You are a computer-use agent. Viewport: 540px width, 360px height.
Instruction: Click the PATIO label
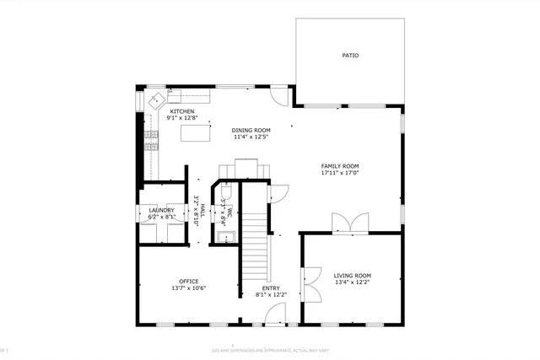coord(349,56)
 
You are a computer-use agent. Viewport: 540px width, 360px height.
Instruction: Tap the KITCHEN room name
coord(182,111)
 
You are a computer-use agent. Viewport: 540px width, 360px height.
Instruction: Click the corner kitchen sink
coord(158,100)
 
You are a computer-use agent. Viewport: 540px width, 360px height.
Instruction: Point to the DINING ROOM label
coord(251,130)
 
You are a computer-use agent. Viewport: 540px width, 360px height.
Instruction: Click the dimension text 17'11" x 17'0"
coord(340,173)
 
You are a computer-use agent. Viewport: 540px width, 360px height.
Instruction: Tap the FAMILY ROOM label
coord(340,166)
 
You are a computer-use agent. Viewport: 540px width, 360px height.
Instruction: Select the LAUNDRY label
coord(161,210)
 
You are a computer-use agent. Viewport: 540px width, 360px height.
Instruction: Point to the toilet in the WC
coord(225,190)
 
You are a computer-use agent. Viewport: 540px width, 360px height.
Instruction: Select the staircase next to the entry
coord(256,244)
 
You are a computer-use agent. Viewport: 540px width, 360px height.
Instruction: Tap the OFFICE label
coord(188,281)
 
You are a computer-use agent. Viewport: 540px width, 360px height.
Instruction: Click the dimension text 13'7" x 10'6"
coord(188,288)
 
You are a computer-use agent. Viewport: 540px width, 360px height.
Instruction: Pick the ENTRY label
coord(272,288)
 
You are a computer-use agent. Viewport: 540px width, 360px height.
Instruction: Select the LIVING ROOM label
coord(352,276)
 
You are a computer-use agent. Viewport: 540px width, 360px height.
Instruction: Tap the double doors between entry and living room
coord(310,285)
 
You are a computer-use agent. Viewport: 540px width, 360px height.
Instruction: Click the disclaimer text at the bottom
coord(270,348)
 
